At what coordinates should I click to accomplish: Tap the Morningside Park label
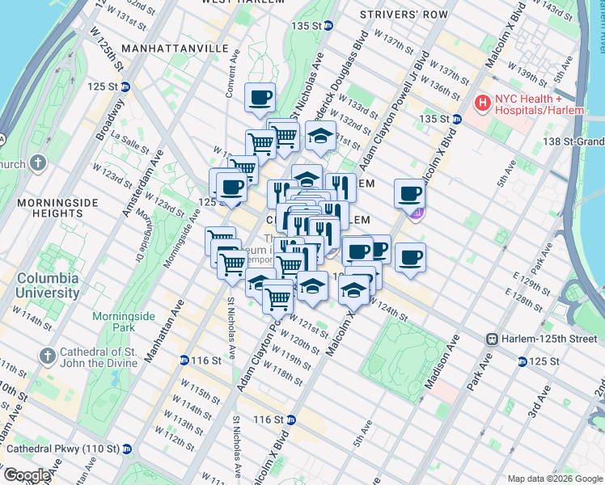point(118,322)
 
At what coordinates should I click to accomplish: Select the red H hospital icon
point(483,103)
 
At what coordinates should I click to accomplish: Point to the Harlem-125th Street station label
point(550,339)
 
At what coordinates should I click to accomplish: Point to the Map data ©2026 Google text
point(554,479)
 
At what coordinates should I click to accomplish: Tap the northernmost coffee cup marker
point(260,98)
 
